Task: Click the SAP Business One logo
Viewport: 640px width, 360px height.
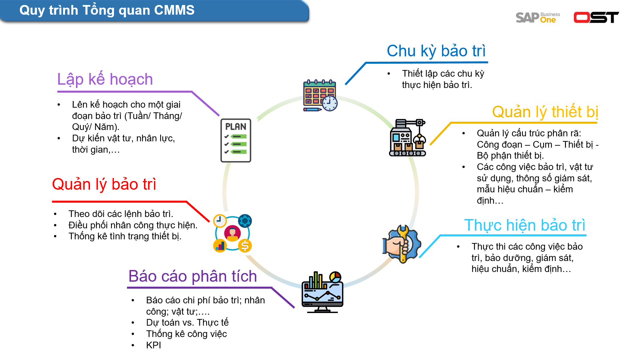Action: [537, 17]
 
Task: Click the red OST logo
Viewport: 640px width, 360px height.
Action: [596, 17]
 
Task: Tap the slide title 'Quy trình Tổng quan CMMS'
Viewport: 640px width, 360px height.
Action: [107, 10]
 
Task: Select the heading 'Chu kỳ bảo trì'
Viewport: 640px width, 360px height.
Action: [436, 51]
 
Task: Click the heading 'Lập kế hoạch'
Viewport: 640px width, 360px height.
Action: [105, 79]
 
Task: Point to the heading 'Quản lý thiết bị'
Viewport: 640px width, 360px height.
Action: [545, 112]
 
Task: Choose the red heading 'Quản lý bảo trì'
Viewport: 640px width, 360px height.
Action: [104, 184]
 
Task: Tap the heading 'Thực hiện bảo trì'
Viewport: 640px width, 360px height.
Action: [524, 225]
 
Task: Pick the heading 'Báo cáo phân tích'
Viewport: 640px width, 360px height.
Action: [193, 276]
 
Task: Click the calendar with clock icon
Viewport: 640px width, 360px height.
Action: [320, 96]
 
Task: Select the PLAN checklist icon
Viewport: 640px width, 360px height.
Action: [236, 140]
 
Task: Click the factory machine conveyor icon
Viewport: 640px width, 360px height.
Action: [407, 138]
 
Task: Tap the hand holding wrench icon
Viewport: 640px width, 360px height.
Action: [402, 244]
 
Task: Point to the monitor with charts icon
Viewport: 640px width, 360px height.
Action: [322, 292]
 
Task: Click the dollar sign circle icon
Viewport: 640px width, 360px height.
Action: [245, 246]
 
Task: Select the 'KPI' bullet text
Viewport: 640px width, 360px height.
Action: [153, 345]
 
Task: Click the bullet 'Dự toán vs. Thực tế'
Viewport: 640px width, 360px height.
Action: [187, 323]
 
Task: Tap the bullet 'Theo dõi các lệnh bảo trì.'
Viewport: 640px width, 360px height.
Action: [121, 214]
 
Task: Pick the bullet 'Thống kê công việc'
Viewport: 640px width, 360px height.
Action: [186, 334]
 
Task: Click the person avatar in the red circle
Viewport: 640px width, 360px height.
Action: [232, 233]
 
